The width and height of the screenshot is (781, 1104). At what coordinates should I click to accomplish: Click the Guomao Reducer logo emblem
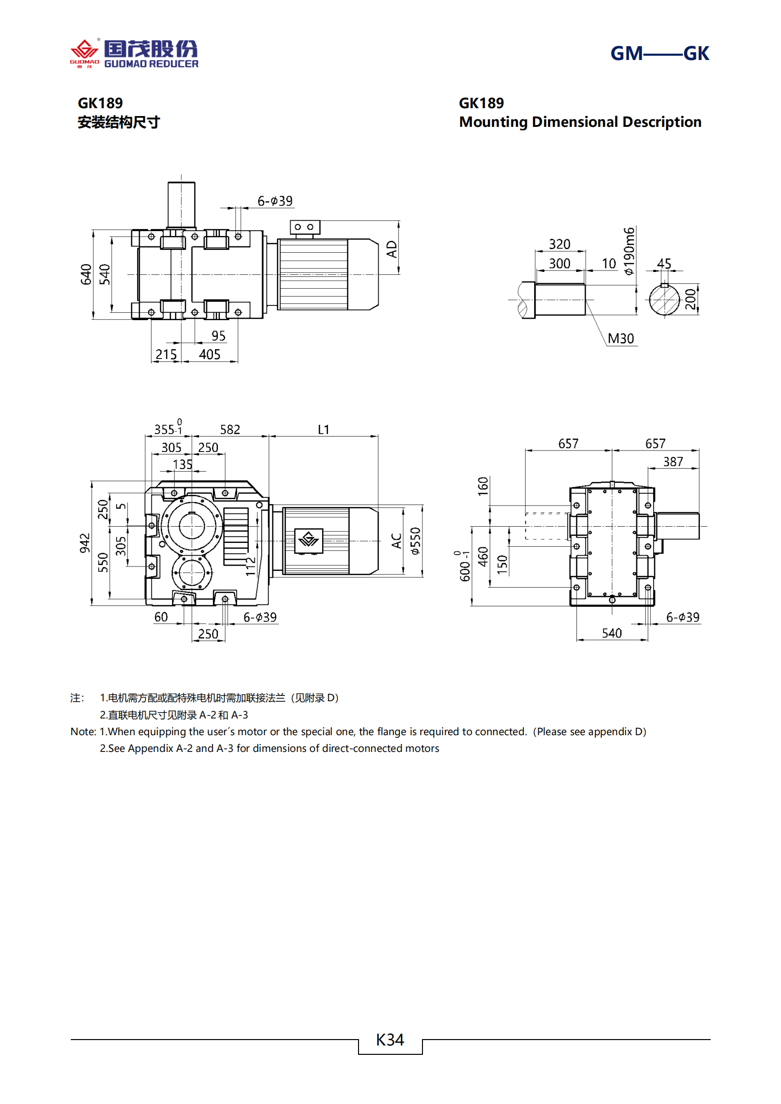pos(85,52)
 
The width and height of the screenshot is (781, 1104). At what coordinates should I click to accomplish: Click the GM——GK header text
pos(659,54)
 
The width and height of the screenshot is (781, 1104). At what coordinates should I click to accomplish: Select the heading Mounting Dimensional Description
pos(580,122)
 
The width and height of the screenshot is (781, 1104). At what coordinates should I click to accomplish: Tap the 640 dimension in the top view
pos(87,274)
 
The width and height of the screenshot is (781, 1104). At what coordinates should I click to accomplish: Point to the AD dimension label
pos(391,249)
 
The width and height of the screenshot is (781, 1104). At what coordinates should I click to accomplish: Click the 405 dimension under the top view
pos(210,355)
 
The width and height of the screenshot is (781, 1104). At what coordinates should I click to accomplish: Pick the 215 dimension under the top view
pos(166,355)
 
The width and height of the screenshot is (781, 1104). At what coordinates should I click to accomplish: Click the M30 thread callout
pos(621,339)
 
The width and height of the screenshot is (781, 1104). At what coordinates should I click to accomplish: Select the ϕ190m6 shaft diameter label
pos(629,251)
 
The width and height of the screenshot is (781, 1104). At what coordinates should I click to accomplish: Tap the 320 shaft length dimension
pos(560,244)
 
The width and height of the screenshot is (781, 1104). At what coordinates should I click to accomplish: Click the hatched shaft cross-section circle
pos(664,299)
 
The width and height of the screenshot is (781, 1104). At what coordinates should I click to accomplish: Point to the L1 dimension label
pos(324,430)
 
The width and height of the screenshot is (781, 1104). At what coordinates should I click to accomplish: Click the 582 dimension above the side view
pos(230,430)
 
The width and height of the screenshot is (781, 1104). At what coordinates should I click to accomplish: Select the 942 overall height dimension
pos(85,543)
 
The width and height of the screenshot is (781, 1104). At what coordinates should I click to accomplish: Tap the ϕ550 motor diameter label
pos(416,541)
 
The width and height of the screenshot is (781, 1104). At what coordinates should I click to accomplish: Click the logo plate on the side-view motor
pos(309,540)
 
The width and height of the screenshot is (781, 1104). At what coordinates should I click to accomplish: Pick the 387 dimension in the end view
pos(673,462)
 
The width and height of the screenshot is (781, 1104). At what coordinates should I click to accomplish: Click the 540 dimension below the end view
pos(612,633)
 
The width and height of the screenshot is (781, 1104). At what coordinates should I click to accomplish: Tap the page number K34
pos(390,1040)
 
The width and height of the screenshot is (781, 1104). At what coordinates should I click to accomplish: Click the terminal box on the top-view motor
pos(305,227)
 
